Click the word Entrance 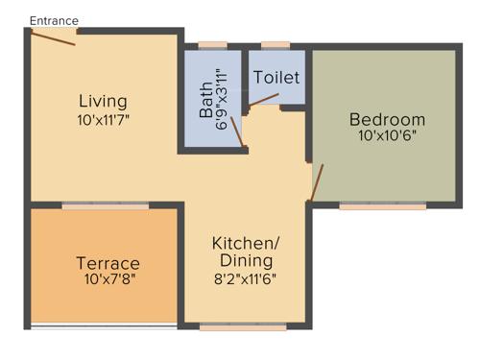pos(54,20)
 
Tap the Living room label pos(103,101)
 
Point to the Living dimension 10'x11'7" pos(103,120)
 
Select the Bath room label pos(206,99)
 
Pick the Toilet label pos(276,77)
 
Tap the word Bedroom pos(387,119)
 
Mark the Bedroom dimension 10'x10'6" pos(387,136)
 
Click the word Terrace pos(108,263)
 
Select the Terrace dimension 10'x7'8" pos(108,280)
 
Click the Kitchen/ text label pos(246,243)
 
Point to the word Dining pos(246,260)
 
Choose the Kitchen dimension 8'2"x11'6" pos(246,278)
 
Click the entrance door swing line pos(53,36)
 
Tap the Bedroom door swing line pos(317,181)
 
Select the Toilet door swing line pos(265,98)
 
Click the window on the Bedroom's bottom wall pos(382,205)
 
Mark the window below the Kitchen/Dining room pos(243,327)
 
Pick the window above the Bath pos(212,44)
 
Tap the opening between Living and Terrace pos(106,205)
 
